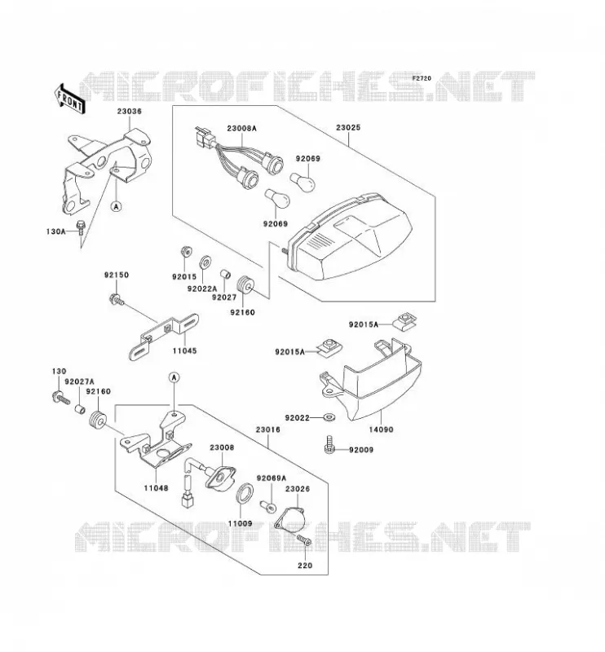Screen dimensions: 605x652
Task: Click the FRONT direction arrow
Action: [69, 99]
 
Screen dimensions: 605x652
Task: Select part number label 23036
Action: [129, 112]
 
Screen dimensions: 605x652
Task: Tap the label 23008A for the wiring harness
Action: [241, 128]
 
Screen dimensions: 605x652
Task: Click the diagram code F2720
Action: [422, 77]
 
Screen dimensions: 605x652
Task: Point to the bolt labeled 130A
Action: [81, 227]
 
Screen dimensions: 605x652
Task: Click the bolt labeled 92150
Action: [116, 299]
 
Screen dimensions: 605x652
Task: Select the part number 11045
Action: [185, 351]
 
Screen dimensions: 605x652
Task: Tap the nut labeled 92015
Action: [186, 251]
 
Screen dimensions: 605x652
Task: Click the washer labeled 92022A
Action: [205, 262]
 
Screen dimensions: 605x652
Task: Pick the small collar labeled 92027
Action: [225, 275]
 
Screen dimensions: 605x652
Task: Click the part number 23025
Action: [348, 128]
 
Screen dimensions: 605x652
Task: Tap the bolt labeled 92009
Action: [329, 445]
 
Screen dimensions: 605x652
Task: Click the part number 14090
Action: [381, 430]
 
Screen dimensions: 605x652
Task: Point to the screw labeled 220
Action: [304, 540]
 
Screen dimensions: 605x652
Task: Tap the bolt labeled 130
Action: [60, 398]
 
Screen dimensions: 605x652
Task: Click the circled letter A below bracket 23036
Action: [117, 206]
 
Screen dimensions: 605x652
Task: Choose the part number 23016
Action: [268, 430]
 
